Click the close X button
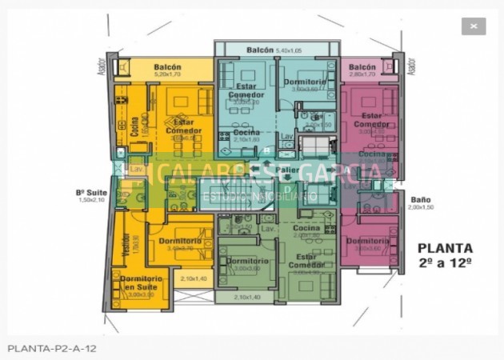pos(473,26)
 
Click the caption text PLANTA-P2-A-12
pos(52,349)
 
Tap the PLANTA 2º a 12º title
pos(445,255)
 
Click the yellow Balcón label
pos(167,67)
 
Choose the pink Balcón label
pos(362,67)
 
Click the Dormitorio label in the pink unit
pos(367,241)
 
